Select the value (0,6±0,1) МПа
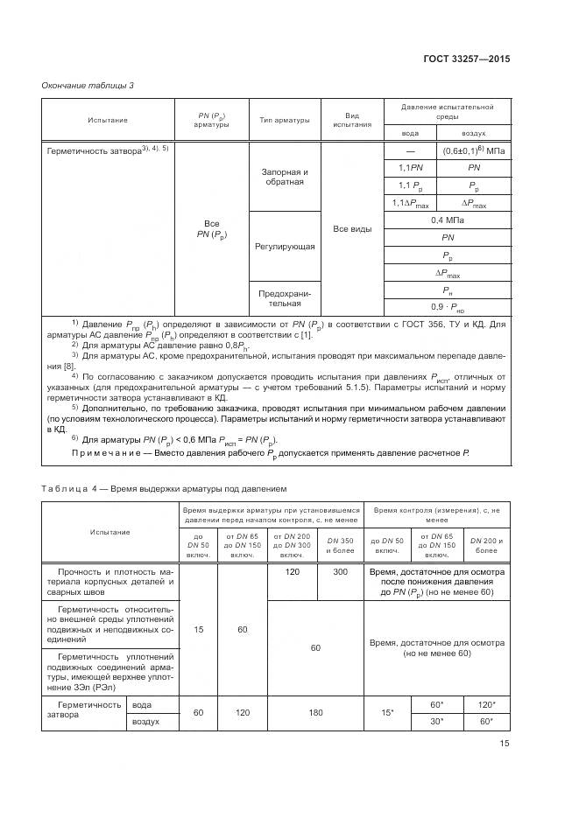(x=472, y=150)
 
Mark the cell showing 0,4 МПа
(x=448, y=220)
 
